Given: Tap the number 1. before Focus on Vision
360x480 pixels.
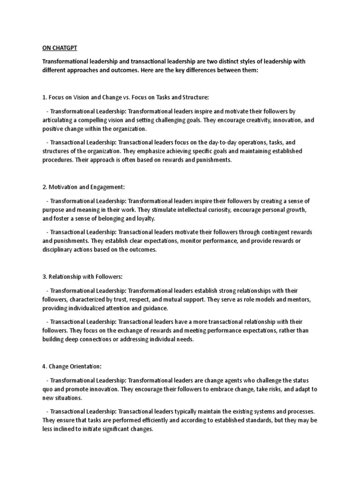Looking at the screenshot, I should (x=45, y=97).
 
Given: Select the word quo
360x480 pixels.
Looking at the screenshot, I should (x=49, y=389).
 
